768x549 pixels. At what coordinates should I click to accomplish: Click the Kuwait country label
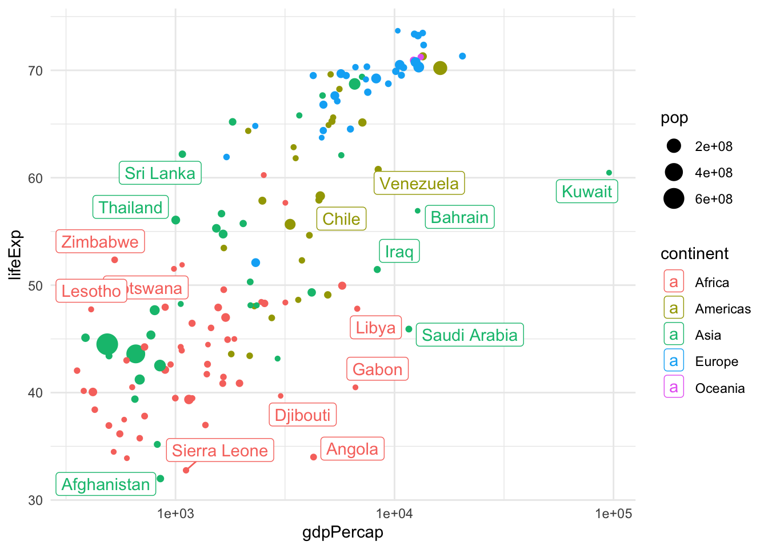[587, 192]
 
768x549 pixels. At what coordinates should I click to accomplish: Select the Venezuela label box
[419, 184]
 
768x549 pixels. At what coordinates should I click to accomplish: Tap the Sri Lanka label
[160, 173]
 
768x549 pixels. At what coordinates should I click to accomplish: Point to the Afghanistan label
[106, 484]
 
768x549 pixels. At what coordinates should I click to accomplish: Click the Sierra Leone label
[220, 451]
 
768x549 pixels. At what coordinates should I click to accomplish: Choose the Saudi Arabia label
[470, 335]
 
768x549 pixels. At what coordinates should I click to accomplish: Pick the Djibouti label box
[303, 415]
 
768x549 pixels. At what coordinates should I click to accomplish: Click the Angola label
[353, 449]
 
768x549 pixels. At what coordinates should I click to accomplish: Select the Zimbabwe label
[100, 242]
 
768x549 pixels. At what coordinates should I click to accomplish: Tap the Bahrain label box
[459, 217]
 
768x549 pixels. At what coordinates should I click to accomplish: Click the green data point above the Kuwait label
[609, 173]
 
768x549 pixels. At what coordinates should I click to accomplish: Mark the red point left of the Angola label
[314, 457]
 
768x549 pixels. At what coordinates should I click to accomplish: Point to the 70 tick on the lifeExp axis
[35, 71]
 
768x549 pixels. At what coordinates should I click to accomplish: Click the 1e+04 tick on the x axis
[394, 514]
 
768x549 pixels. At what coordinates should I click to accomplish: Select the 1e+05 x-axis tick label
[613, 514]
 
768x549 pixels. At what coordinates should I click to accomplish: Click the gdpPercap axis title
[342, 533]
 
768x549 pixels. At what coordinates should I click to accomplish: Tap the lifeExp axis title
[15, 254]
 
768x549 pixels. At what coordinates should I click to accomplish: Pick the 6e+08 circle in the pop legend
[674, 199]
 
